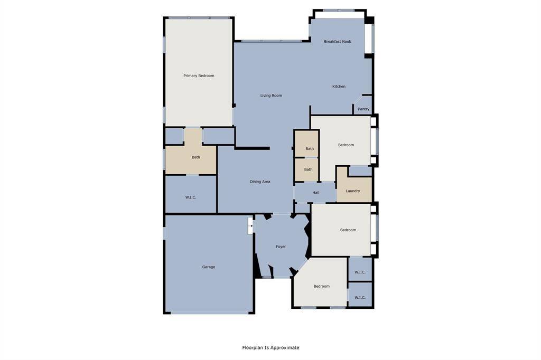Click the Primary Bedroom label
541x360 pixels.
(199, 76)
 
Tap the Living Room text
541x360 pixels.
(271, 96)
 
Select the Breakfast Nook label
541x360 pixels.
(338, 42)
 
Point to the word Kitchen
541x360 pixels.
(339, 87)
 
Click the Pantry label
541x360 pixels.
(363, 109)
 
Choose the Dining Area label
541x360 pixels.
(260, 182)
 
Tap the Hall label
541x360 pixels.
(316, 193)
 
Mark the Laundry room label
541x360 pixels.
(353, 191)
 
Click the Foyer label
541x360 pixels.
(281, 247)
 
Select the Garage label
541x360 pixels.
(209, 267)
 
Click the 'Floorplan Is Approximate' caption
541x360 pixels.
(270, 348)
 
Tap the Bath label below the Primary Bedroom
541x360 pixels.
(196, 157)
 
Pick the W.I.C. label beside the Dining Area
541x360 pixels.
(191, 197)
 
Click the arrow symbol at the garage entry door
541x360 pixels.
(250, 226)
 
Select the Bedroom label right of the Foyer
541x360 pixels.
(348, 230)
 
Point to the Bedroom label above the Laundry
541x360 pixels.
(346, 145)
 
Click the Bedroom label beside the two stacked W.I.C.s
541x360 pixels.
(322, 287)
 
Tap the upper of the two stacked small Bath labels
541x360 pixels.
(310, 149)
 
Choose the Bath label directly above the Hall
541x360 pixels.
(308, 170)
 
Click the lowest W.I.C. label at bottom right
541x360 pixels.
(360, 298)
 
